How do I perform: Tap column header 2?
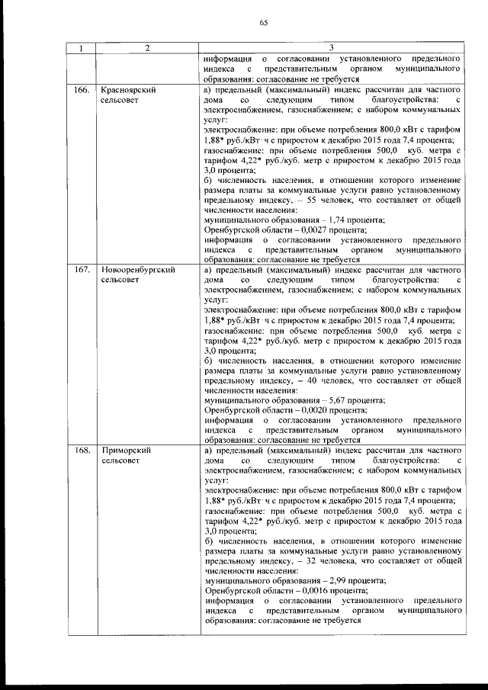[146, 48]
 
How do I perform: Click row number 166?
[82, 90]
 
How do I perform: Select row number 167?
[82, 270]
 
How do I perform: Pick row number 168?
[82, 451]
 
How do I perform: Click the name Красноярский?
[129, 90]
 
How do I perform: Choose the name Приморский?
[126, 451]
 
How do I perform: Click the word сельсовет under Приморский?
[120, 461]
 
